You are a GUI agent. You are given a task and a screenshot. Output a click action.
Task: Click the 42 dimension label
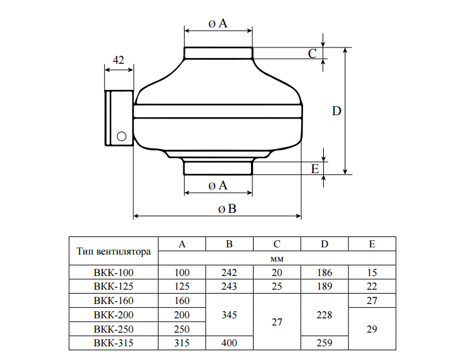click(x=118, y=60)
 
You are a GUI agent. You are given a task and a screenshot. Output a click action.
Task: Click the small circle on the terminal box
click(x=121, y=137)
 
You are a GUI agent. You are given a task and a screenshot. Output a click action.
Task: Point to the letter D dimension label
click(x=336, y=111)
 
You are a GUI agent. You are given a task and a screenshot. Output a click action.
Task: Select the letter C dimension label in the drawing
click(x=312, y=53)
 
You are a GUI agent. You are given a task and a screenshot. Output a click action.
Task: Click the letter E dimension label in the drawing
click(x=315, y=169)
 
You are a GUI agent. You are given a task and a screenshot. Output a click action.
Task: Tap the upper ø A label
click(x=218, y=23)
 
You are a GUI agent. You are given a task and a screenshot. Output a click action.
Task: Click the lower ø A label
click(x=218, y=186)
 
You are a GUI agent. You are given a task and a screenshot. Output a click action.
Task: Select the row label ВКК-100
click(x=114, y=272)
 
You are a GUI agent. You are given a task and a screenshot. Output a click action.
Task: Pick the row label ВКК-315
click(x=114, y=342)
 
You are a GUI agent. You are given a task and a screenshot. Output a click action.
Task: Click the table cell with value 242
click(x=229, y=272)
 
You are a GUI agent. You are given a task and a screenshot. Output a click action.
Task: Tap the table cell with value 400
click(x=229, y=342)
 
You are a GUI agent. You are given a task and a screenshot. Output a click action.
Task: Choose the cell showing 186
click(x=325, y=272)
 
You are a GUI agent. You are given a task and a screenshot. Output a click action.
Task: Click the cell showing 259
click(x=325, y=342)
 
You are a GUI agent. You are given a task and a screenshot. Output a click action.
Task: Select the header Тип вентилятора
click(x=114, y=251)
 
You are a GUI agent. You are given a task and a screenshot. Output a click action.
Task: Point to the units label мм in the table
click(x=276, y=258)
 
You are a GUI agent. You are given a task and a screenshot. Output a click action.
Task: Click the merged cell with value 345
click(x=229, y=314)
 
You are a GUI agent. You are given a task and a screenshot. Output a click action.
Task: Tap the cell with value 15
click(x=372, y=272)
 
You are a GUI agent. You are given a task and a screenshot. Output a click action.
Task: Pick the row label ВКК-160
click(x=114, y=301)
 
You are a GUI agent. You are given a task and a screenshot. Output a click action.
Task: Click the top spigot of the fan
click(x=218, y=53)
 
